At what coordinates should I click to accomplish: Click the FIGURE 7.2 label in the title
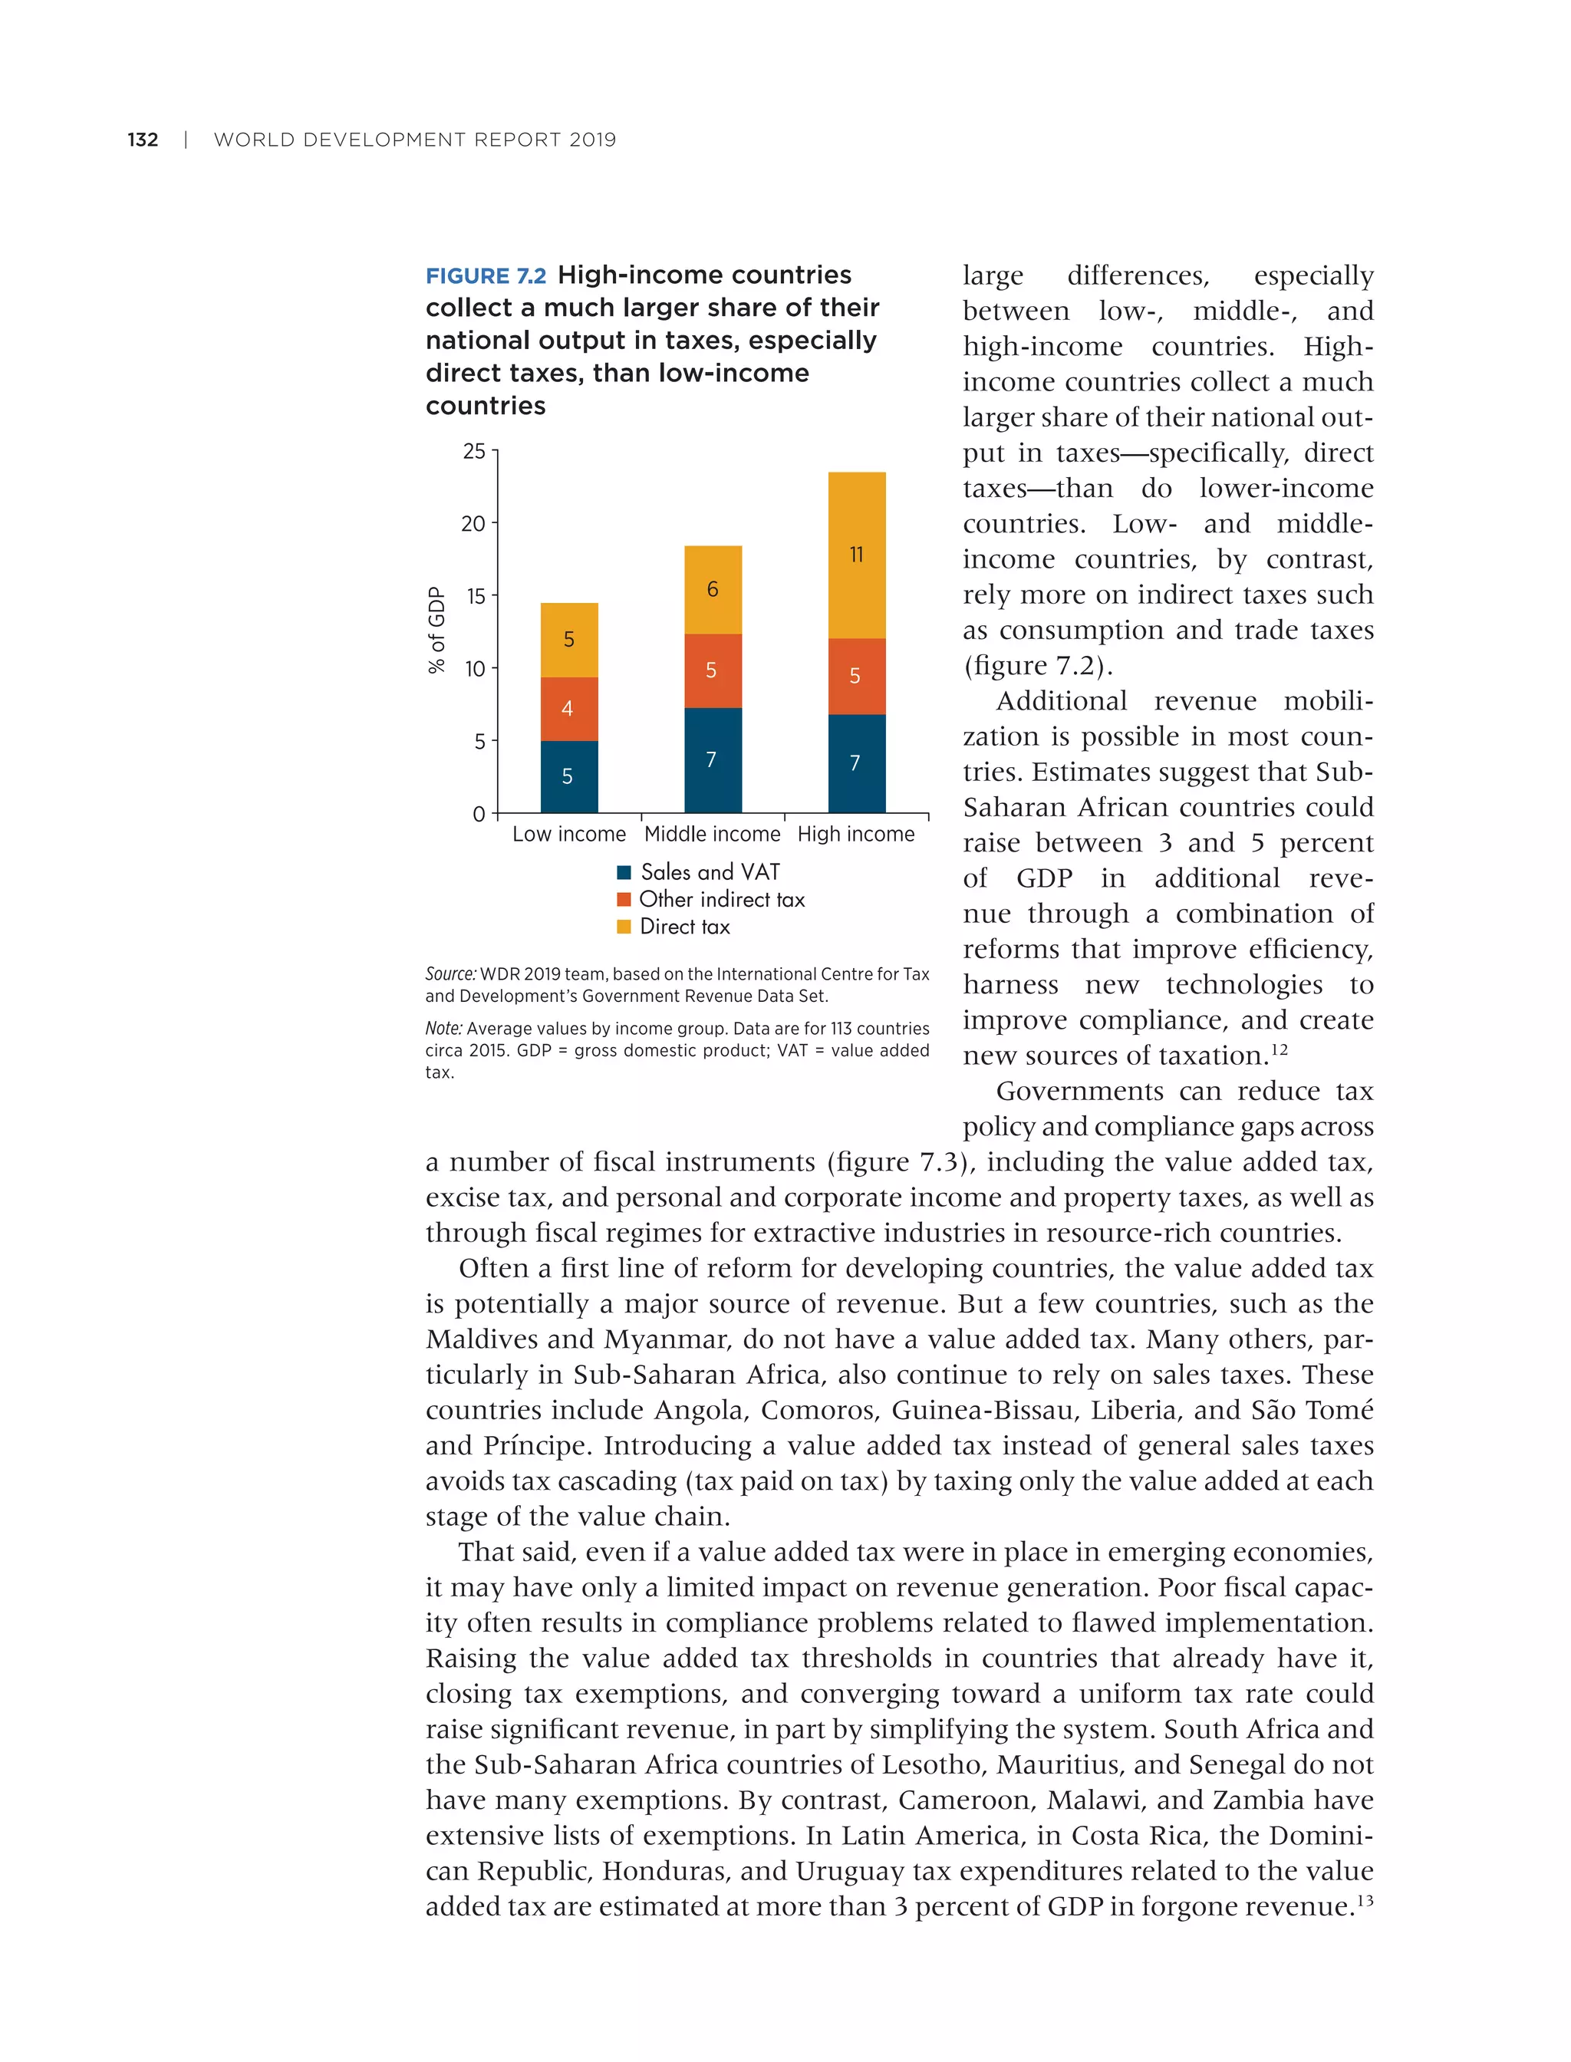pyautogui.click(x=486, y=276)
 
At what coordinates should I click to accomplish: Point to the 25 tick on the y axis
pyautogui.click(x=474, y=452)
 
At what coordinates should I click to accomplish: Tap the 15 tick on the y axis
pyautogui.click(x=476, y=597)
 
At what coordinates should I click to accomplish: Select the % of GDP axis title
pyautogui.click(x=436, y=631)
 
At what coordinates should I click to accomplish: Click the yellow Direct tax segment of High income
pyautogui.click(x=857, y=555)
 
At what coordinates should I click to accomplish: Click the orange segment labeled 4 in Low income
pyautogui.click(x=568, y=709)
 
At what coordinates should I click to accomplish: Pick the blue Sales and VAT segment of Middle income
pyautogui.click(x=713, y=759)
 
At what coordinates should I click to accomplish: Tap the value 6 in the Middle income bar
pyautogui.click(x=713, y=589)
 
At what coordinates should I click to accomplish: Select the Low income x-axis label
pyautogui.click(x=568, y=834)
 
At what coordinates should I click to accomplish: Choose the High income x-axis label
pyautogui.click(x=855, y=834)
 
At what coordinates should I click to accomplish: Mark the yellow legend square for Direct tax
pyautogui.click(x=624, y=927)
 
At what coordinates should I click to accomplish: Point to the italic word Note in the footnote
pyautogui.click(x=444, y=1029)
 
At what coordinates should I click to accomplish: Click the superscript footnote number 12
pyautogui.click(x=1280, y=1049)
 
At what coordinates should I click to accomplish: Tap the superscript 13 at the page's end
pyautogui.click(x=1365, y=1900)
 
